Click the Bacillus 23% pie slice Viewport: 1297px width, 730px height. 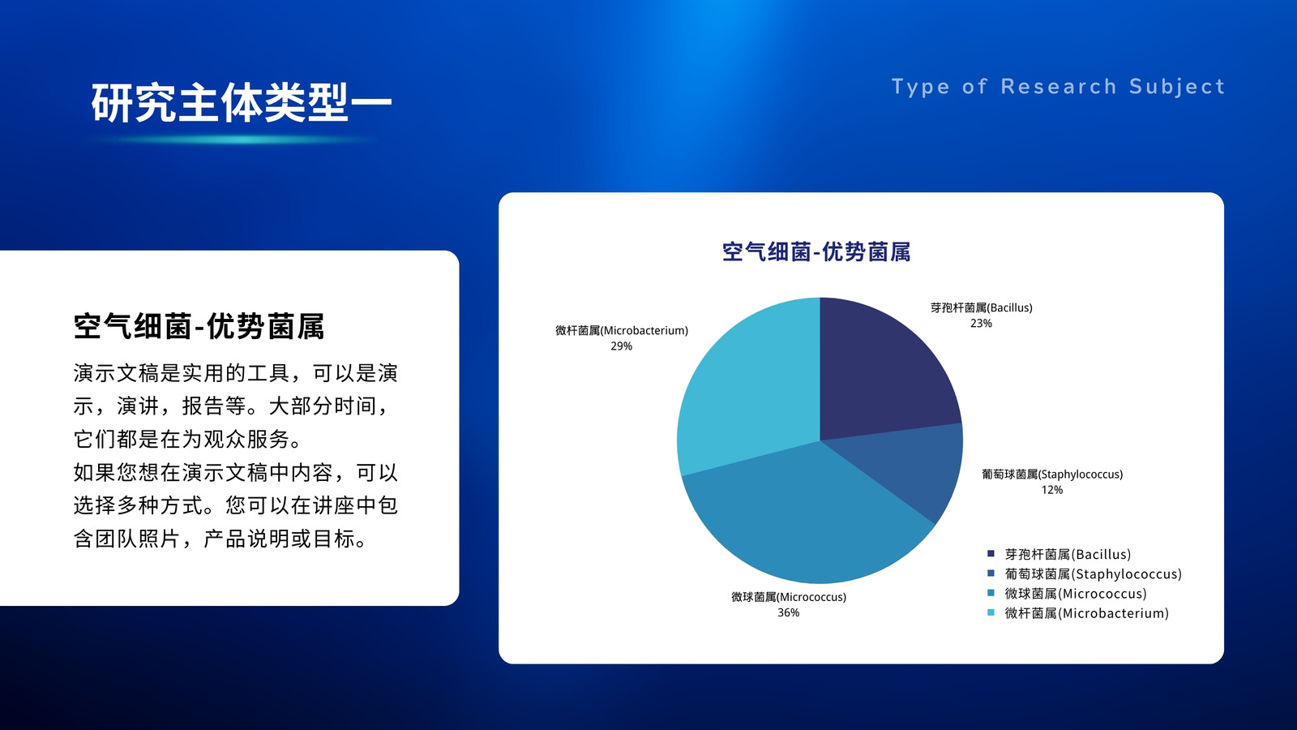880,371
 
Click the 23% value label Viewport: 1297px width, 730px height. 981,324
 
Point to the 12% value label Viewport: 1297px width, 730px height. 1052,490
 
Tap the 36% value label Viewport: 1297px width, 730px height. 788,613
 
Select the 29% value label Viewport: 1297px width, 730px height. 621,346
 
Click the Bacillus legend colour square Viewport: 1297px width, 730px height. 991,554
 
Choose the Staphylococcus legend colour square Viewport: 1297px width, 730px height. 991,573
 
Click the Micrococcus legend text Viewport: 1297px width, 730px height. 1076,594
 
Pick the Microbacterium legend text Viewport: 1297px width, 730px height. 1087,613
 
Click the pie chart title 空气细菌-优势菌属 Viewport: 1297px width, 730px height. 816,252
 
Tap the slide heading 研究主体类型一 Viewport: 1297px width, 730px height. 242,102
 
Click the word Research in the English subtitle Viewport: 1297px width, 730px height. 1059,87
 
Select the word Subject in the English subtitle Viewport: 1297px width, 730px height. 1177,87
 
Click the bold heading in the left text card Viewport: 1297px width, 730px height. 199,326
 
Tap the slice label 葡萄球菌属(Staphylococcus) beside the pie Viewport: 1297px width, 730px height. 1052,474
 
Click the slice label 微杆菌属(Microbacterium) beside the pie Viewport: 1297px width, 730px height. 622,331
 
